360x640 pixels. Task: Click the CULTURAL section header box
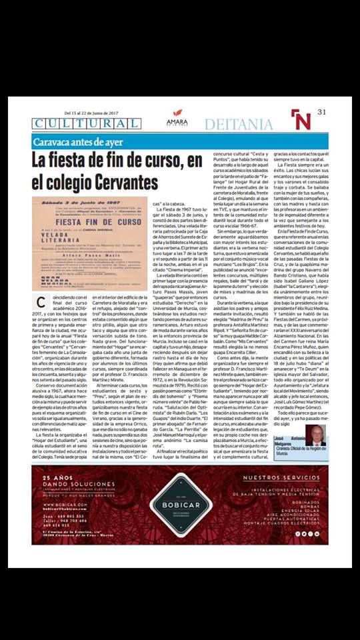click(77, 123)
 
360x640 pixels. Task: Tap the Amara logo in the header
click(177, 119)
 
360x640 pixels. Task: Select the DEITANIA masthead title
click(238, 124)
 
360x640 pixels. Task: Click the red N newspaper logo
click(301, 119)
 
